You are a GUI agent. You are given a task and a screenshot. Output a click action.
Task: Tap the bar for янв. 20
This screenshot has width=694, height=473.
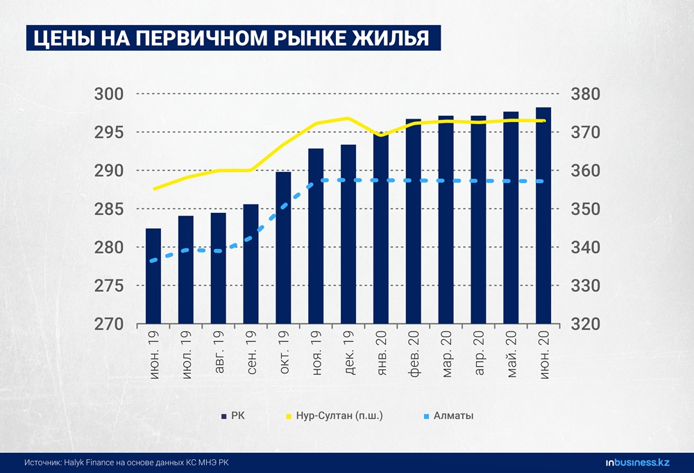(x=381, y=228)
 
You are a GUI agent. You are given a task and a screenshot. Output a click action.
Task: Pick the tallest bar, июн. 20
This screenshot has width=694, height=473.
(x=543, y=216)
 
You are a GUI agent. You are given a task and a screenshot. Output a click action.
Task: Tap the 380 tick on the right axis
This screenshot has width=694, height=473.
(x=584, y=94)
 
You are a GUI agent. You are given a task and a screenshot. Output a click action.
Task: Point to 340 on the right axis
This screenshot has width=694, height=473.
(x=584, y=248)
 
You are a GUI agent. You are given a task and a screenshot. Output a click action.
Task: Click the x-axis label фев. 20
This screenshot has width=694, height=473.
(x=414, y=354)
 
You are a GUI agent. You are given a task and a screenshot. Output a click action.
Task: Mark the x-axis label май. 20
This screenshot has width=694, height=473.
(x=512, y=354)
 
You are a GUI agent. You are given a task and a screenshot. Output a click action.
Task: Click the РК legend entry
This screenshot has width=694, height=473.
(x=232, y=416)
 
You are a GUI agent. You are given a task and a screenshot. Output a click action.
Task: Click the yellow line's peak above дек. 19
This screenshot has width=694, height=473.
(x=348, y=119)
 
